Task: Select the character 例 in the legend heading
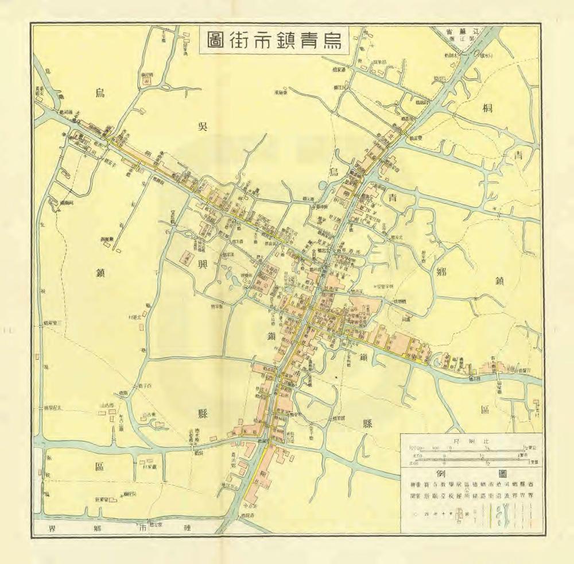point(441,474)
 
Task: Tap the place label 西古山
point(107,406)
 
